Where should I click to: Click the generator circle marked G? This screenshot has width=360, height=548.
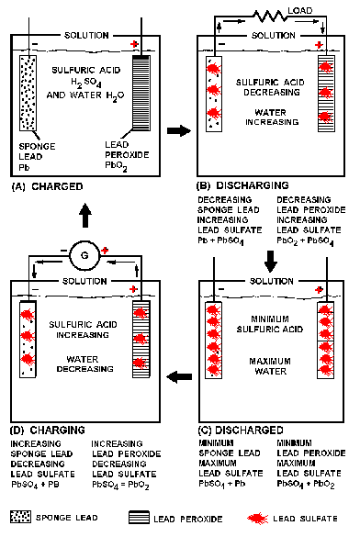[x=84, y=255]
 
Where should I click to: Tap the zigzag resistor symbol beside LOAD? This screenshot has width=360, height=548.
[x=269, y=16]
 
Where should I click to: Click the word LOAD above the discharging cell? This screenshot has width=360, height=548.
[x=300, y=10]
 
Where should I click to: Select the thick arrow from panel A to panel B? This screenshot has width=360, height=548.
[x=179, y=131]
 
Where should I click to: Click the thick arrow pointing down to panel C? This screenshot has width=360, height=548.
[x=271, y=262]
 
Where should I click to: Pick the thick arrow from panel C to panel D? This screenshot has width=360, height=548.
[x=179, y=376]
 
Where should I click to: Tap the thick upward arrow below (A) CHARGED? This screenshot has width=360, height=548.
[x=84, y=215]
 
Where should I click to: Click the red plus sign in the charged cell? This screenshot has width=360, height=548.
[x=134, y=44]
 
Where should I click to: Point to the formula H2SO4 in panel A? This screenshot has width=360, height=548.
[x=86, y=83]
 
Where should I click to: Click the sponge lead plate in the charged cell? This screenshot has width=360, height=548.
[x=28, y=93]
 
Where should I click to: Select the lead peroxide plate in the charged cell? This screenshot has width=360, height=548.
[x=141, y=93]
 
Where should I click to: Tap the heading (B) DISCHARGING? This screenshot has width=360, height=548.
[x=242, y=185]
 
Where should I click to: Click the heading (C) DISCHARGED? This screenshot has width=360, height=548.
[x=241, y=430]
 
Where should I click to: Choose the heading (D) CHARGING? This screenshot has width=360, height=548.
[x=48, y=430]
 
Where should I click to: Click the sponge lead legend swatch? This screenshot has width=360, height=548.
[x=20, y=517]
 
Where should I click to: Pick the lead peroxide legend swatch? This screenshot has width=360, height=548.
[x=139, y=518]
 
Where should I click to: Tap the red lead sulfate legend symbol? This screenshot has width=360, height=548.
[x=258, y=519]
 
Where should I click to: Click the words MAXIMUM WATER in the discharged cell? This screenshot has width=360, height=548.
[x=270, y=366]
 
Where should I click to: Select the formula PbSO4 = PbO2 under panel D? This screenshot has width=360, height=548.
[x=120, y=485]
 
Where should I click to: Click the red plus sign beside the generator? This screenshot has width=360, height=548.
[x=105, y=251]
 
